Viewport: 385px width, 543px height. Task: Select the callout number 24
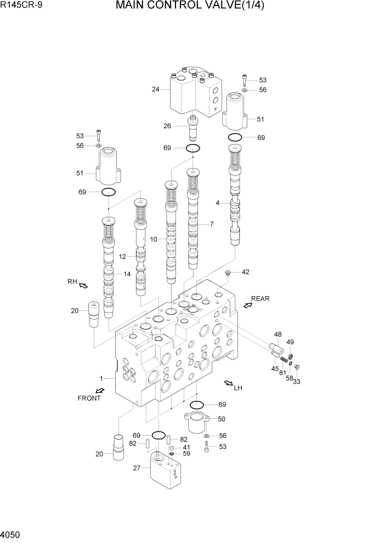pyautogui.click(x=156, y=89)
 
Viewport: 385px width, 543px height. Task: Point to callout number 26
pyautogui.click(x=167, y=126)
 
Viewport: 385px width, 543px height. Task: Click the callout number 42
pyautogui.click(x=246, y=272)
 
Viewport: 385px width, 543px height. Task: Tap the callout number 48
pyautogui.click(x=278, y=334)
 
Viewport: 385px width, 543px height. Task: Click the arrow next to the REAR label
pyautogui.click(x=247, y=305)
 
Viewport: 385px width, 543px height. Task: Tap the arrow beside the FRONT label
pyautogui.click(x=101, y=390)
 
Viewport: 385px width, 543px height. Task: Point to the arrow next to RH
pyautogui.click(x=83, y=285)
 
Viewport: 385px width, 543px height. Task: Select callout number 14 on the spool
pyautogui.click(x=127, y=274)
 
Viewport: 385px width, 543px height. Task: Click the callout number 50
pyautogui.click(x=221, y=419)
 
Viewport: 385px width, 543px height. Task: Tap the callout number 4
pyautogui.click(x=217, y=203)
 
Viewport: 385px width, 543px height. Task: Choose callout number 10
pyautogui.click(x=154, y=239)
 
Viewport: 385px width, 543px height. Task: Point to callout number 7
pyautogui.click(x=211, y=224)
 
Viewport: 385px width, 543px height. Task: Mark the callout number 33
pyautogui.click(x=297, y=382)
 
